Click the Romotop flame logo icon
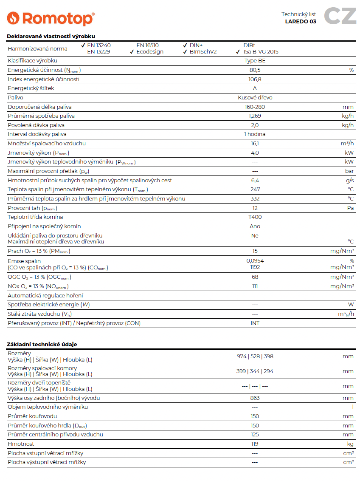(13, 18)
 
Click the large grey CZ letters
(340, 16)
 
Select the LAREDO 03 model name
(300, 22)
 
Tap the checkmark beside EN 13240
(83, 45)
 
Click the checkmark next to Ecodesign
(132, 52)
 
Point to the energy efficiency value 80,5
(255, 70)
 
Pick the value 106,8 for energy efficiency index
(255, 79)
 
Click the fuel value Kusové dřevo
(255, 98)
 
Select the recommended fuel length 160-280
(255, 107)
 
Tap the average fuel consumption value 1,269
(255, 116)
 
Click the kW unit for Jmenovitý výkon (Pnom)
(349, 153)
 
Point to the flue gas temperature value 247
(255, 190)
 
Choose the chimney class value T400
(255, 217)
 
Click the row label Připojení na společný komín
(44, 226)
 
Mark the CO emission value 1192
(255, 267)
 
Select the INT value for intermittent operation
(255, 323)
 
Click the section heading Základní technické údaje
(42, 344)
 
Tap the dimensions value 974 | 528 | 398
(255, 357)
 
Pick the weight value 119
(255, 444)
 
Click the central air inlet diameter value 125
(255, 435)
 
